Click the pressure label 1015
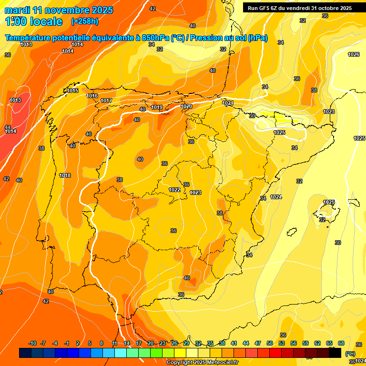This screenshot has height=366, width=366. [x=72, y=91]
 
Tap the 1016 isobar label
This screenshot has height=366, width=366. [x=92, y=96]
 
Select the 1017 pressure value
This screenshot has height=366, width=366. [x=106, y=101]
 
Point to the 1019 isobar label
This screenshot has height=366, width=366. [x=157, y=107]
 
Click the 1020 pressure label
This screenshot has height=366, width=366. [x=186, y=106]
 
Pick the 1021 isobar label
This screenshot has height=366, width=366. [x=228, y=103]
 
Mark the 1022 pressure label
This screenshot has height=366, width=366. [x=174, y=190]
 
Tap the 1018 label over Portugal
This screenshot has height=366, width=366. [x=65, y=175]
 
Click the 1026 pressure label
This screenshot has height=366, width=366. [x=354, y=55]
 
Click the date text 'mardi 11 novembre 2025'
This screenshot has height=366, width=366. [x=59, y=10]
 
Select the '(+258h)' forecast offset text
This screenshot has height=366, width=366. [x=84, y=21]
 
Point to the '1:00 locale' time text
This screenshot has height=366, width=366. [x=34, y=21]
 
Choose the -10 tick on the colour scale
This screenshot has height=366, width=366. [x=32, y=343]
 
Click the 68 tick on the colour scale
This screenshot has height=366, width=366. [x=341, y=343]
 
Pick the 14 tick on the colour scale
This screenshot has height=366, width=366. [x=127, y=343]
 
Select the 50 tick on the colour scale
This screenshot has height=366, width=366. [x=270, y=343]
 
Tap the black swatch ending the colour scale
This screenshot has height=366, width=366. [x=335, y=353]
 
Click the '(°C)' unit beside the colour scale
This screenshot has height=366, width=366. [x=350, y=353]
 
